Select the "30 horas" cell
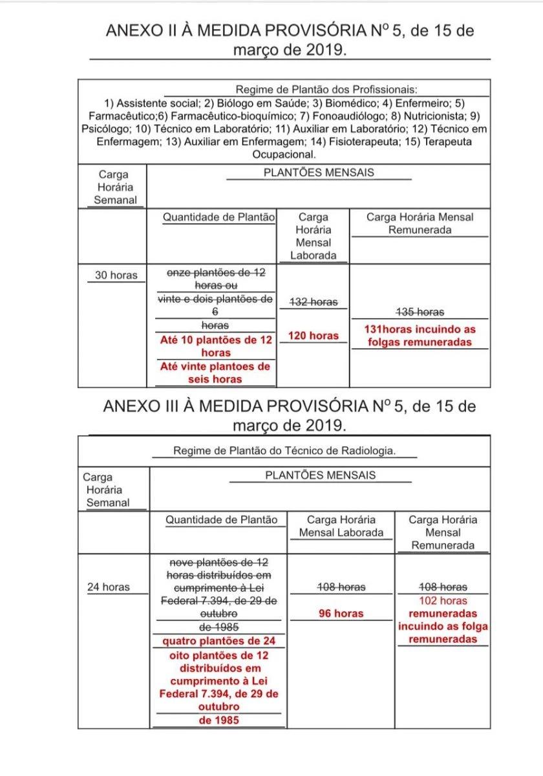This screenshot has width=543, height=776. point(116,275)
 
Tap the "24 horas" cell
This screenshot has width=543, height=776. point(109,587)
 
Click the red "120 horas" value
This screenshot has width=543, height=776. point(314,336)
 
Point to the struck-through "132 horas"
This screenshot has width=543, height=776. point(314,302)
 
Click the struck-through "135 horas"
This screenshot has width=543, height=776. point(420,312)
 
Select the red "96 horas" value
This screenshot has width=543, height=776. point(341,613)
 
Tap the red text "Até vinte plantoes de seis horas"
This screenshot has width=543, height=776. point(215,373)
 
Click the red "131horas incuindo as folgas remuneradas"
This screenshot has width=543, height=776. point(420,336)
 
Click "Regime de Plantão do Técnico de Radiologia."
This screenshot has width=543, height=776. point(284,451)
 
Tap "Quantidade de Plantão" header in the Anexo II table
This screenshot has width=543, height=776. point(218,217)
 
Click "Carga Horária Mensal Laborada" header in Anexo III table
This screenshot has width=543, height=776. point(341,526)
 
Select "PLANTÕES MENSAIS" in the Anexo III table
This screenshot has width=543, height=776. point(320,475)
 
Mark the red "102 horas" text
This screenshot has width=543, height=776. point(443,601)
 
